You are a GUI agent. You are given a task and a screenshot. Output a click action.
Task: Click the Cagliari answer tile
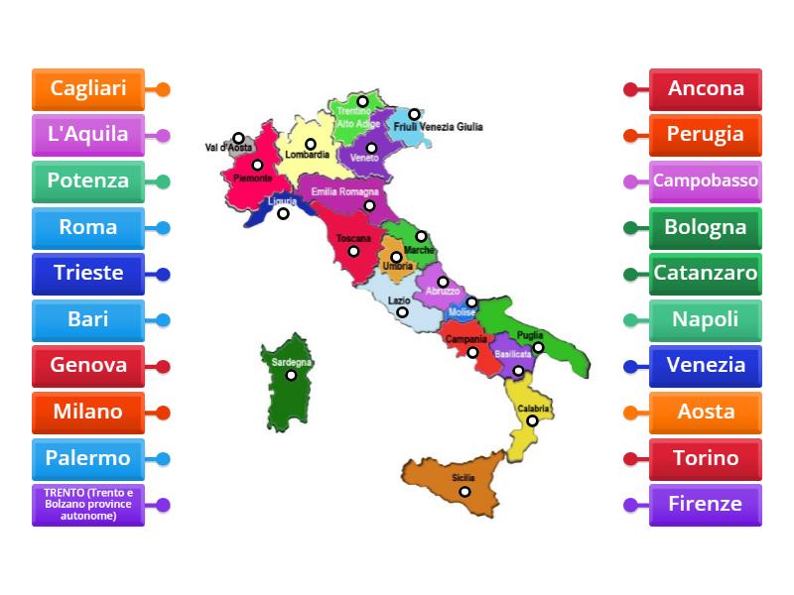click(x=88, y=89)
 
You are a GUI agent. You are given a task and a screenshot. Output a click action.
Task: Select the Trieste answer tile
click(x=88, y=274)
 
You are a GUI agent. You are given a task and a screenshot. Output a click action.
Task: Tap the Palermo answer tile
click(x=88, y=459)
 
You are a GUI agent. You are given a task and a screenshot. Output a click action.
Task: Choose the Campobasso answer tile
click(x=706, y=181)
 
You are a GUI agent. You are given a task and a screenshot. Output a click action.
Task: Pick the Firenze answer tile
click(x=706, y=505)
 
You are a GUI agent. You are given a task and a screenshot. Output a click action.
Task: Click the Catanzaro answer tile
click(x=706, y=274)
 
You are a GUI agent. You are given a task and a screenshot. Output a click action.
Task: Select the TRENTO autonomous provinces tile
click(x=88, y=505)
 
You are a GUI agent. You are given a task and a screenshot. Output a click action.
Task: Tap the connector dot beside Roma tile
click(x=164, y=228)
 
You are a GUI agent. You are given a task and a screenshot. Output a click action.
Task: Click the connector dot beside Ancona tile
click(x=630, y=89)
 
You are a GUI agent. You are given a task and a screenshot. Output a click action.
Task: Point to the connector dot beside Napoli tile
click(x=630, y=320)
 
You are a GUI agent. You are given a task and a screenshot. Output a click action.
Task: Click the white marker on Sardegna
click(x=292, y=375)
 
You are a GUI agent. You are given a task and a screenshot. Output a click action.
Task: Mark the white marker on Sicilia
click(x=464, y=491)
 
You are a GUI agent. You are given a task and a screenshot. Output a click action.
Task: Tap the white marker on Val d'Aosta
click(x=239, y=139)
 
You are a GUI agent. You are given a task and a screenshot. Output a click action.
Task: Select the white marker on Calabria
click(x=532, y=420)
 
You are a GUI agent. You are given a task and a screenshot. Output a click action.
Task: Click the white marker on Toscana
click(x=353, y=251)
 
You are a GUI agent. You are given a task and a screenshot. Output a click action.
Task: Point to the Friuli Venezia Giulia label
click(x=438, y=127)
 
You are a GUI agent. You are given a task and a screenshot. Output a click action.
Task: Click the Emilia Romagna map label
click(x=344, y=191)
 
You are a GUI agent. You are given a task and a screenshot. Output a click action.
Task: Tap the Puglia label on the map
click(x=530, y=335)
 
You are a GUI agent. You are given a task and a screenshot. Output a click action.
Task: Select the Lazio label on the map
click(x=399, y=299)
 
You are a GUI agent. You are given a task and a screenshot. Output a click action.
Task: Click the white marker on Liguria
click(x=283, y=213)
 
